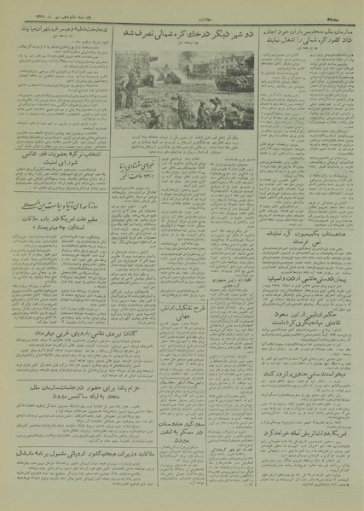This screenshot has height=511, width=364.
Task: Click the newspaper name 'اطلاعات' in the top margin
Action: coord(181,8)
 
